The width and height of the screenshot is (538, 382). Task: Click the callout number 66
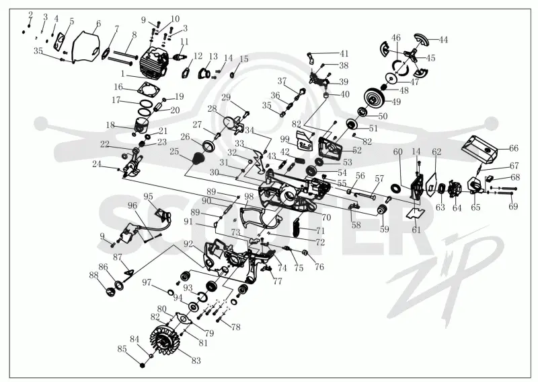(x=513, y=148)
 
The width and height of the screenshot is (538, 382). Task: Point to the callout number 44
(x=443, y=40)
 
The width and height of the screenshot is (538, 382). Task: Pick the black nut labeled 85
(x=142, y=364)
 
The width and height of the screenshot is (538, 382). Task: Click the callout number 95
(x=148, y=196)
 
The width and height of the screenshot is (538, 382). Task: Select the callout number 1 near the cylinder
(x=123, y=73)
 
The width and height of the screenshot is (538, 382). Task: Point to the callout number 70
(x=326, y=217)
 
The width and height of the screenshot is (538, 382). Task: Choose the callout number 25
(x=174, y=152)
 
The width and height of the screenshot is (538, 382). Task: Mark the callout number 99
(x=284, y=139)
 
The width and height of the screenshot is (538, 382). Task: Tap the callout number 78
(x=236, y=327)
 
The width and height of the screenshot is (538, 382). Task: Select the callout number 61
(x=416, y=230)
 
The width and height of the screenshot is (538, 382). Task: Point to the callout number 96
(x=132, y=205)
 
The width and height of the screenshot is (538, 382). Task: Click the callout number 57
(x=379, y=179)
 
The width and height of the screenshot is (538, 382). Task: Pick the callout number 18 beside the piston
(x=110, y=125)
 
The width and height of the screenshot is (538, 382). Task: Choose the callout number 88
(x=93, y=275)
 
